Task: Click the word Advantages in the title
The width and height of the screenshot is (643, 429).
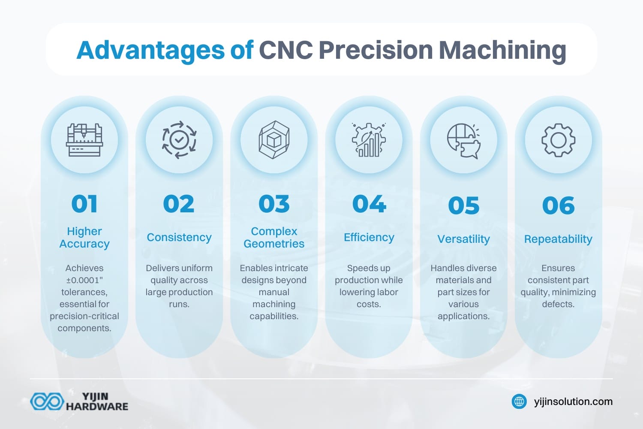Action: pyautogui.click(x=150, y=50)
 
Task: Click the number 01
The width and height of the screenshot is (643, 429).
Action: pyautogui.click(x=84, y=204)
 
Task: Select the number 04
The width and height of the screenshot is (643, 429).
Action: pyautogui.click(x=369, y=204)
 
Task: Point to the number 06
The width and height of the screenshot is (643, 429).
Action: pyautogui.click(x=558, y=205)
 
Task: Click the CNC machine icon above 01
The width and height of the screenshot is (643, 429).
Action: pyautogui.click(x=84, y=140)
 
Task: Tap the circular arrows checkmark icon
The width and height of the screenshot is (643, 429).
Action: pyautogui.click(x=179, y=140)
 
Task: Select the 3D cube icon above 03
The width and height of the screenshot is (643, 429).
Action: pyautogui.click(x=274, y=140)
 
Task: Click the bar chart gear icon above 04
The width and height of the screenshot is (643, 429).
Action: pyautogui.click(x=369, y=140)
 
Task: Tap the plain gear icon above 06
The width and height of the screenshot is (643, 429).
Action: pyautogui.click(x=558, y=140)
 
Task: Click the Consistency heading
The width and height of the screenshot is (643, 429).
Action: pyautogui.click(x=179, y=237)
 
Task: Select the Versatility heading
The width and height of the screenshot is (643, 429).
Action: pyautogui.click(x=463, y=239)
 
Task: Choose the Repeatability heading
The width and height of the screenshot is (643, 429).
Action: pyautogui.click(x=558, y=239)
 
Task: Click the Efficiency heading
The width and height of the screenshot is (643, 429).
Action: pyautogui.click(x=369, y=237)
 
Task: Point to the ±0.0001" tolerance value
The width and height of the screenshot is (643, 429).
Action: pyautogui.click(x=84, y=280)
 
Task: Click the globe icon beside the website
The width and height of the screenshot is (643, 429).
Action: pyautogui.click(x=519, y=402)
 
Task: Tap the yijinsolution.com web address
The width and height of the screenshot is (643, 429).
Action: pyautogui.click(x=573, y=402)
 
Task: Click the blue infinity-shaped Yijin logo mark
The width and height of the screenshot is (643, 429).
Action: pyautogui.click(x=46, y=402)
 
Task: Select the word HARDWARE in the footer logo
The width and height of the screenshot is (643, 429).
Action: pyautogui.click(x=97, y=406)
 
